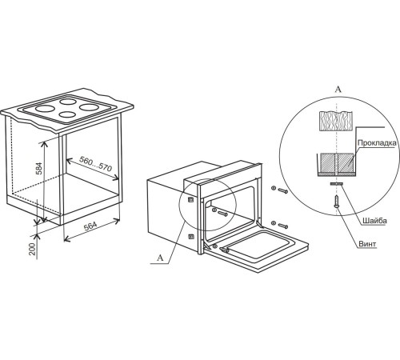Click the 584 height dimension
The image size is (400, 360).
pyautogui.click(x=39, y=168)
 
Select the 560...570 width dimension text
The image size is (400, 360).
pyautogui.click(x=95, y=164)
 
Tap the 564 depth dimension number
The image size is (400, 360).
pyautogui.click(x=90, y=226)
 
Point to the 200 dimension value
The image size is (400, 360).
pyautogui.click(x=32, y=249)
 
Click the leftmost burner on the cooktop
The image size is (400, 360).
pyautogui.click(x=45, y=109)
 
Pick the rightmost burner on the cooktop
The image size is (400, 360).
pyautogui.click(x=89, y=107)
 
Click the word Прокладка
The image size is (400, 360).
pyautogui.click(x=377, y=143)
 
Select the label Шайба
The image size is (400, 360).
pyautogui.click(x=374, y=221)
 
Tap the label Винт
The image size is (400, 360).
pyautogui.click(x=367, y=244)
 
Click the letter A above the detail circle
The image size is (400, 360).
pyautogui.click(x=338, y=90)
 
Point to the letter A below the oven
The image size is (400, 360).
pyautogui.click(x=160, y=258)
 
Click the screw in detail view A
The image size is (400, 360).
pyautogui.click(x=336, y=202)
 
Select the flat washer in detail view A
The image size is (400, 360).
pyautogui.click(x=336, y=184)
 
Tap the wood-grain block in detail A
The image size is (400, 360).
pyautogui.click(x=336, y=121)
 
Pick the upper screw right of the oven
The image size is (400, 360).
pyautogui.click(x=282, y=190)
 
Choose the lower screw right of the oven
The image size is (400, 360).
pyautogui.click(x=282, y=226)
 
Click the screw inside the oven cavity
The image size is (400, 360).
pyautogui.click(x=222, y=213)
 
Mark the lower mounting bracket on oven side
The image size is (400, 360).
pyautogui.click(x=191, y=236)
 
